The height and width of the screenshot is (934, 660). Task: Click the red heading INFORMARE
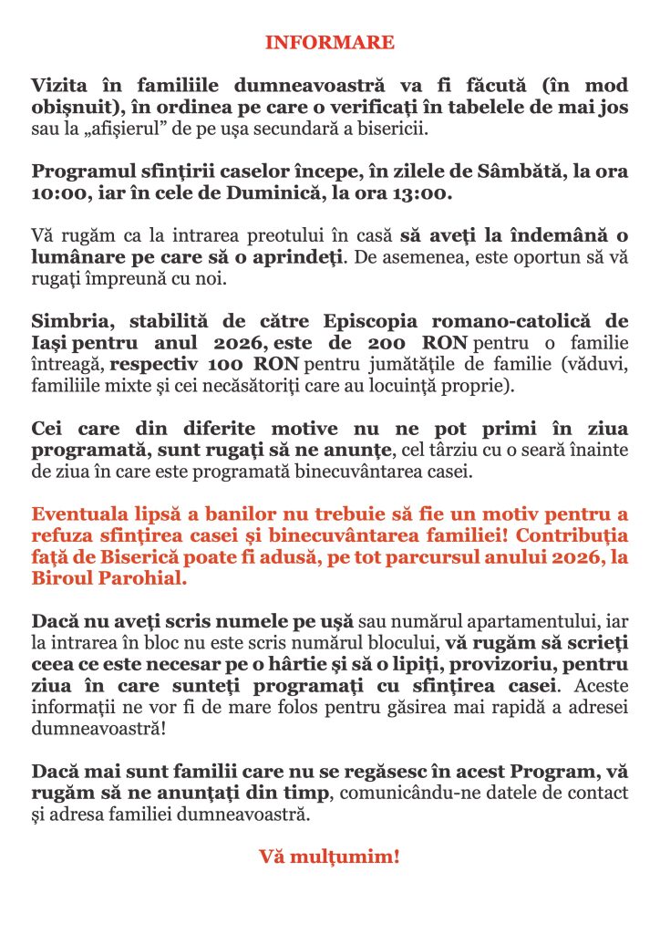(x=330, y=43)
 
